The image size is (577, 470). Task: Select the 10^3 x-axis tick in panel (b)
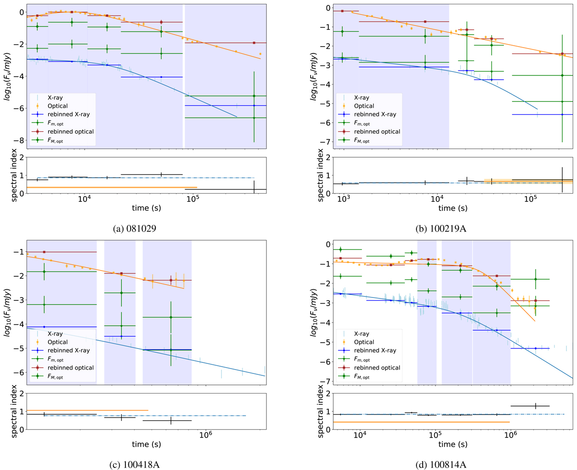coord(343,199)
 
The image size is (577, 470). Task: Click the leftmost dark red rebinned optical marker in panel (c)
coord(44,252)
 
